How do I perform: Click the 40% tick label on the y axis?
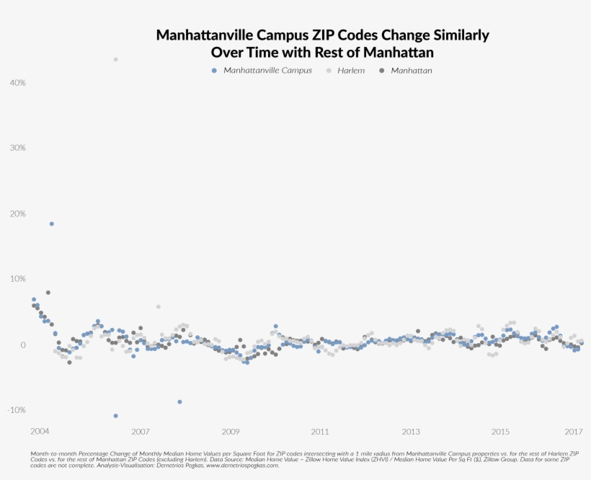(17, 83)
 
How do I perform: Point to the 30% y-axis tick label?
(17, 148)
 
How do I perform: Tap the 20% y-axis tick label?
(17, 214)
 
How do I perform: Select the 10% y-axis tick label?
(17, 279)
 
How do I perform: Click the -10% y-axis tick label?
(16, 410)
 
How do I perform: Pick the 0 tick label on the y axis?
(23, 345)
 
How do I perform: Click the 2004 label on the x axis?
(40, 431)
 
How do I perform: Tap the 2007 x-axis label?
(140, 432)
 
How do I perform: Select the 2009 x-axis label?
(231, 432)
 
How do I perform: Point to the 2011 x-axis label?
(321, 432)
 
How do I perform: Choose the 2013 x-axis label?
(411, 432)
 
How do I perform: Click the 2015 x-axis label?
(501, 432)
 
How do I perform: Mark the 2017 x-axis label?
(574, 432)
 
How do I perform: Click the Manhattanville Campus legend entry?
(267, 71)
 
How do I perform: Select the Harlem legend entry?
(351, 71)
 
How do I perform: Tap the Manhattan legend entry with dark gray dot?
(411, 71)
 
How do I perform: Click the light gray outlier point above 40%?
(115, 59)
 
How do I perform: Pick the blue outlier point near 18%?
(51, 224)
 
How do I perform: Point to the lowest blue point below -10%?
(115, 416)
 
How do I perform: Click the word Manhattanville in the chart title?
(200, 35)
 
